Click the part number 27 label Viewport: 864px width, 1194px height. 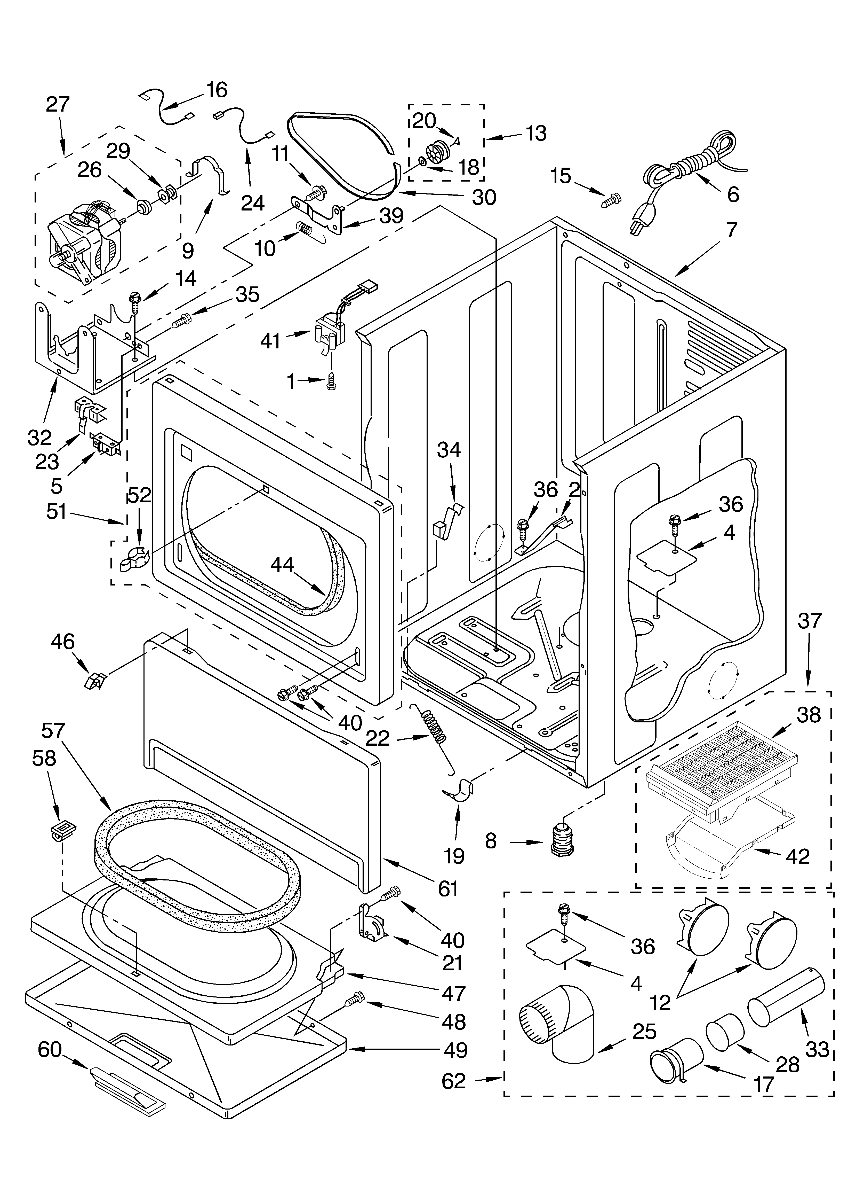[x=57, y=105]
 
